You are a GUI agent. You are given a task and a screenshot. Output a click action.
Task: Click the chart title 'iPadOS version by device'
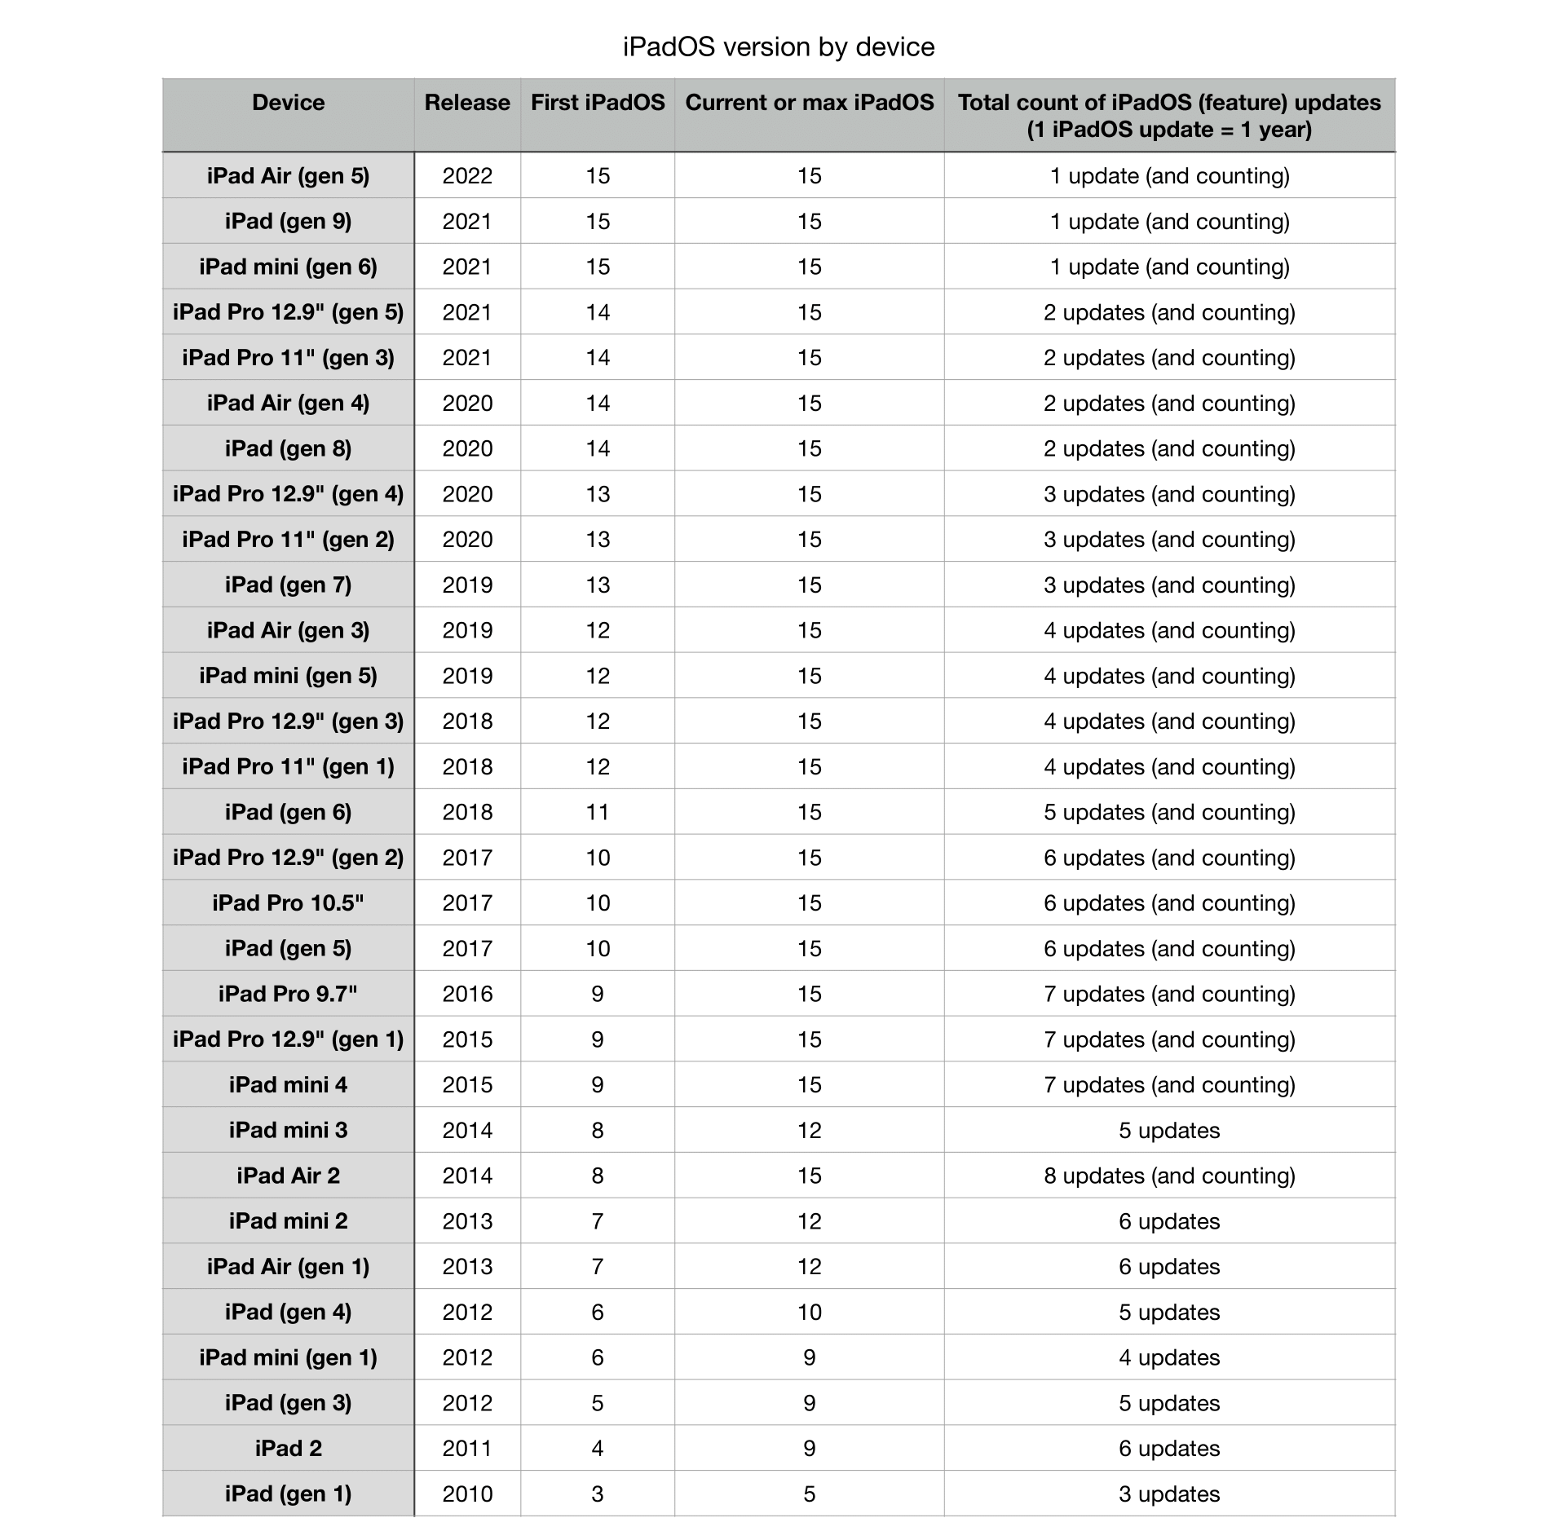(779, 47)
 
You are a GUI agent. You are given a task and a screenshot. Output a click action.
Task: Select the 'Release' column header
(467, 103)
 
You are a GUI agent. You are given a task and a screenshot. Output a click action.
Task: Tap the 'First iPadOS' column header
(598, 103)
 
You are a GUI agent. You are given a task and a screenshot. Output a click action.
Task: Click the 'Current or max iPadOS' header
(810, 103)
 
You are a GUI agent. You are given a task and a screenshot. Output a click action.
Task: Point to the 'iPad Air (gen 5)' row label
(288, 176)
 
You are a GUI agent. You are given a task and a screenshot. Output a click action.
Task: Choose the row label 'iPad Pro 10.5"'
(288, 903)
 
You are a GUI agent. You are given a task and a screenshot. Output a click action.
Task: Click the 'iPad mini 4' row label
(288, 1085)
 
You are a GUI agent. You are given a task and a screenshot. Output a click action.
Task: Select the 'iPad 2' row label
(288, 1449)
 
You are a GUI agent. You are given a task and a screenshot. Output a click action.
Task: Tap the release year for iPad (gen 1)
(467, 1494)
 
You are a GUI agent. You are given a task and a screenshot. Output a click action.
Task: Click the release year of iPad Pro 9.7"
(467, 995)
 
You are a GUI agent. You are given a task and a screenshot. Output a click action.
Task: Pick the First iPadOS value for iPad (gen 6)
(598, 813)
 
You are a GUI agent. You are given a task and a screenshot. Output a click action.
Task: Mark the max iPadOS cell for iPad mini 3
(810, 1131)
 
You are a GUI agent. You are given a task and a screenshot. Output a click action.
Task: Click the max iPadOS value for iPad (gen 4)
(810, 1313)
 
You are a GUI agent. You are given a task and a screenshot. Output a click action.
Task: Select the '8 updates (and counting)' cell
(1169, 1176)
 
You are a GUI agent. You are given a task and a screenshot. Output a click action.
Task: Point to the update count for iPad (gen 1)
(1169, 1494)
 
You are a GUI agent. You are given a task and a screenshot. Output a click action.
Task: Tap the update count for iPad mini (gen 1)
(1169, 1358)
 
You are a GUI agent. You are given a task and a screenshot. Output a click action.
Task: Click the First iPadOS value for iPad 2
(598, 1449)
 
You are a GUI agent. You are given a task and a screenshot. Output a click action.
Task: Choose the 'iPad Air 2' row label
(288, 1176)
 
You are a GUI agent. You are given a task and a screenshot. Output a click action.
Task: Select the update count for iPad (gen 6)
(1169, 813)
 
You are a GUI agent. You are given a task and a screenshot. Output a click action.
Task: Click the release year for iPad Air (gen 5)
(467, 176)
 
